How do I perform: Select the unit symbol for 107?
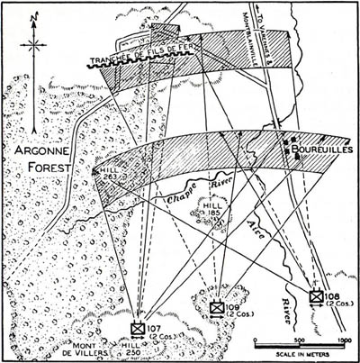click(138, 328)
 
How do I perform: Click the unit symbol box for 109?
click(216, 307)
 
